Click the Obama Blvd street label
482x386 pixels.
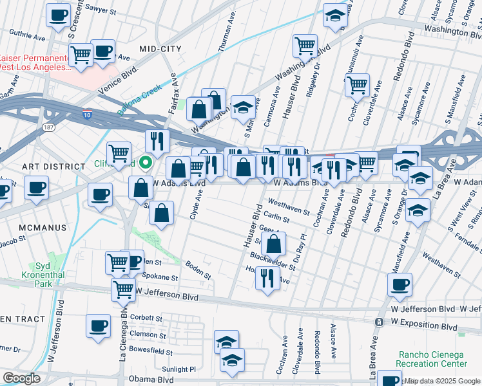tap(152, 380)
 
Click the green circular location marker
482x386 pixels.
tap(146, 163)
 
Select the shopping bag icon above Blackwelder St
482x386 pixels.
tap(274, 244)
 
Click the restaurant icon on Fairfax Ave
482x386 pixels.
tap(157, 140)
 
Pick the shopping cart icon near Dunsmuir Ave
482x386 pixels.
tap(357, 84)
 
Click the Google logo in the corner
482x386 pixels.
tap(22, 378)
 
